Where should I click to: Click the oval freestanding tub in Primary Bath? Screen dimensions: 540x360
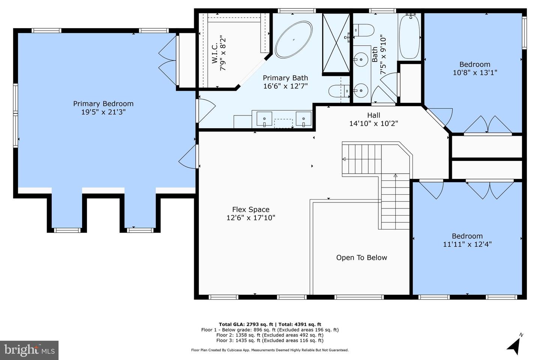[x=294, y=40]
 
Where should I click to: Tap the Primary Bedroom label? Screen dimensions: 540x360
[x=103, y=103]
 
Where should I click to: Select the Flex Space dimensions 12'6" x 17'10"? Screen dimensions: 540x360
[x=251, y=218]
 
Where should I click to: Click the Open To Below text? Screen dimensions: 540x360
[x=361, y=258]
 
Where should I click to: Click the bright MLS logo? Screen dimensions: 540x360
[x=29, y=350]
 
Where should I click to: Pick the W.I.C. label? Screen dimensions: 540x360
[x=215, y=53]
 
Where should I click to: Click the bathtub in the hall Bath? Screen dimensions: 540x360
[x=409, y=36]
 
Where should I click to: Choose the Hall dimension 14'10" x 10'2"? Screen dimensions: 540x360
[x=373, y=123]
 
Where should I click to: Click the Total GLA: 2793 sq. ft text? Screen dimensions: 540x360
[x=246, y=324]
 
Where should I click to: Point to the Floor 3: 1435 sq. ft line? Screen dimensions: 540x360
[x=270, y=340]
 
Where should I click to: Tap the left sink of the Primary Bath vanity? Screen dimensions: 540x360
[x=264, y=118]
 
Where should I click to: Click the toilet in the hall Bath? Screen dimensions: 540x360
[x=364, y=30]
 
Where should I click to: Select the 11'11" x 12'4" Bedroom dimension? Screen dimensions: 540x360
[x=467, y=244]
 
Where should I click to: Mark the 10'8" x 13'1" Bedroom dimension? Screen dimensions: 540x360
[x=475, y=73]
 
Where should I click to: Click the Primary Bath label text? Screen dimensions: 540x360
[x=285, y=78]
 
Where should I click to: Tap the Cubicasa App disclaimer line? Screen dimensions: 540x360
[x=270, y=350]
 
